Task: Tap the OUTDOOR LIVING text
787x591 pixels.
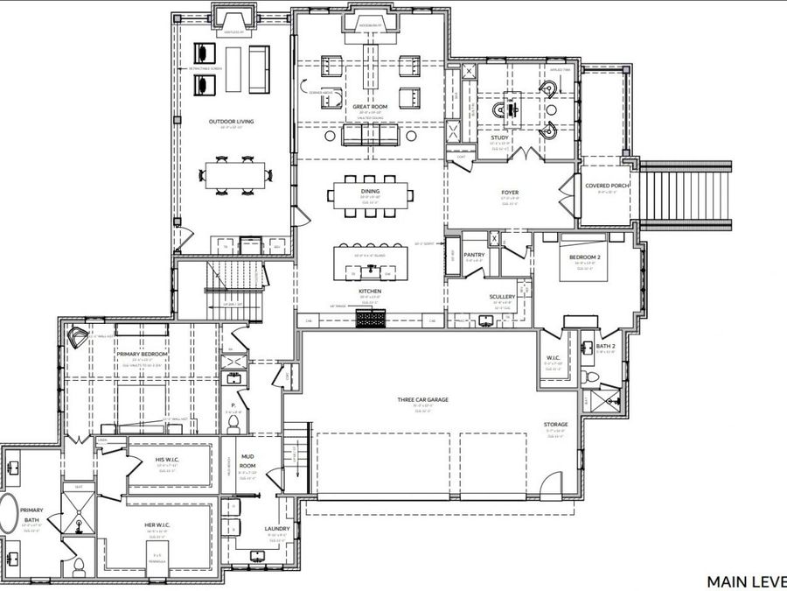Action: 232,122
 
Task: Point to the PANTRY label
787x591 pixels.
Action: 475,255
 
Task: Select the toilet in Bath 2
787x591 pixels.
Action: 593,377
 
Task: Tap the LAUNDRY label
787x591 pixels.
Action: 276,529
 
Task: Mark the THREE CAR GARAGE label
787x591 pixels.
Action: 422,399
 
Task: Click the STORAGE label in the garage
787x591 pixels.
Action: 556,425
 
